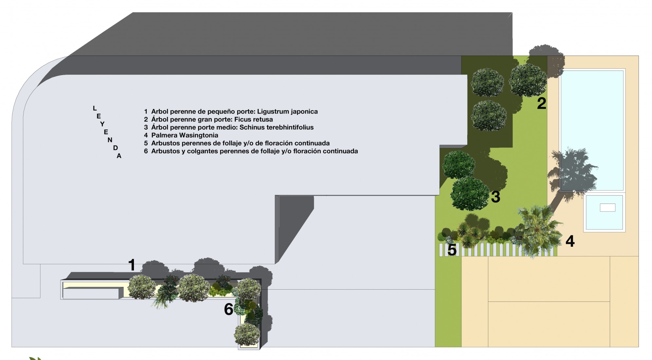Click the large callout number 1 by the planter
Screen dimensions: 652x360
point(132,265)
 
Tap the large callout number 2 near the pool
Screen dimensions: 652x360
point(542,103)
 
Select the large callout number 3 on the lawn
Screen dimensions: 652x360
point(495,197)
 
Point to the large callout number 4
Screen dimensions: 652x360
point(570,241)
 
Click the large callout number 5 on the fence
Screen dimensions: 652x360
point(452,250)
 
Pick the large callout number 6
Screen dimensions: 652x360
point(229,309)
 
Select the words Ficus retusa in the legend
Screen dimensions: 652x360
point(253,119)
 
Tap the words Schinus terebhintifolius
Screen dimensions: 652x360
point(277,127)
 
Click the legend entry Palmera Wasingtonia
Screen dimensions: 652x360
point(185,135)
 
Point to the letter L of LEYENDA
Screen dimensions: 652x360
point(95,108)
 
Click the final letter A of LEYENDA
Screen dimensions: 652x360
point(119,156)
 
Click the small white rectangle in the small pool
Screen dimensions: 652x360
point(607,207)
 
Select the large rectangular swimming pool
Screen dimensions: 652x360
point(592,130)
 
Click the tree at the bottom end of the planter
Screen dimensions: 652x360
point(247,334)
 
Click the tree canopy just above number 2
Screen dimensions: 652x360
point(528,81)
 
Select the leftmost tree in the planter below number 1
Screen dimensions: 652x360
point(141,287)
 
